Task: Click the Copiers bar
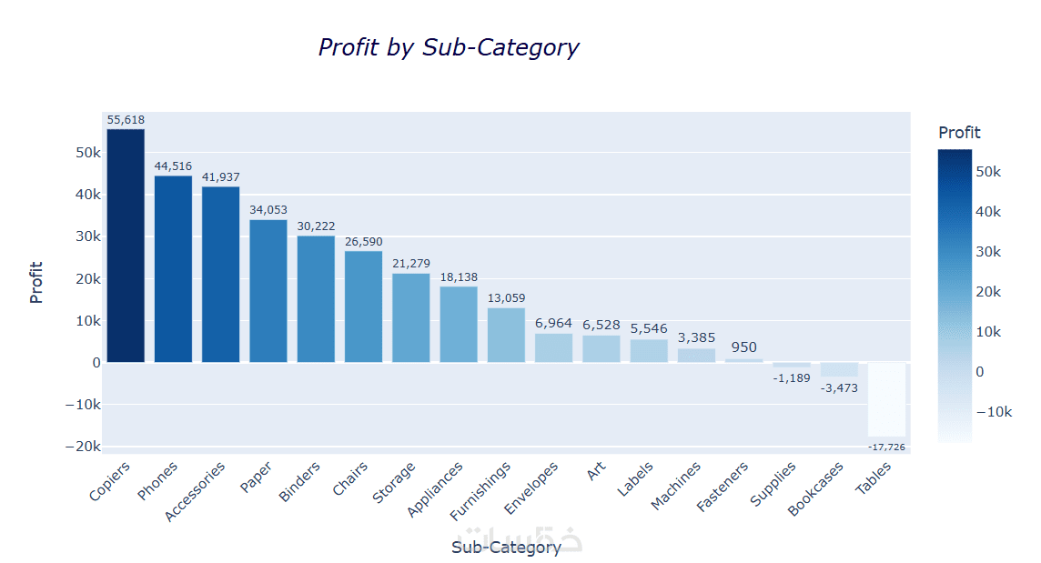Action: pyautogui.click(x=126, y=246)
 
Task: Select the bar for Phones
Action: pyautogui.click(x=173, y=269)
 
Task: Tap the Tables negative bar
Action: pyautogui.click(x=886, y=399)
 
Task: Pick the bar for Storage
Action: pyautogui.click(x=410, y=317)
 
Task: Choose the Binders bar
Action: pyautogui.click(x=316, y=299)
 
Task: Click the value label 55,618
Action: pyautogui.click(x=126, y=120)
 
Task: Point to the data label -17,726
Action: pyautogui.click(x=886, y=447)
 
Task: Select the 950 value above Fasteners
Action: pyautogui.click(x=743, y=347)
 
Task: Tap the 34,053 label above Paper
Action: pyautogui.click(x=268, y=210)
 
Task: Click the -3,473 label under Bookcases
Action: pyautogui.click(x=839, y=388)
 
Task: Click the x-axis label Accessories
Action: pyautogui.click(x=196, y=492)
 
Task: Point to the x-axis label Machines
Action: pyautogui.click(x=677, y=487)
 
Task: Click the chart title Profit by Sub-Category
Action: pyautogui.click(x=448, y=47)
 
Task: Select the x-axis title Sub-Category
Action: pyautogui.click(x=506, y=548)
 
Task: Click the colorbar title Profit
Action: pyautogui.click(x=959, y=133)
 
